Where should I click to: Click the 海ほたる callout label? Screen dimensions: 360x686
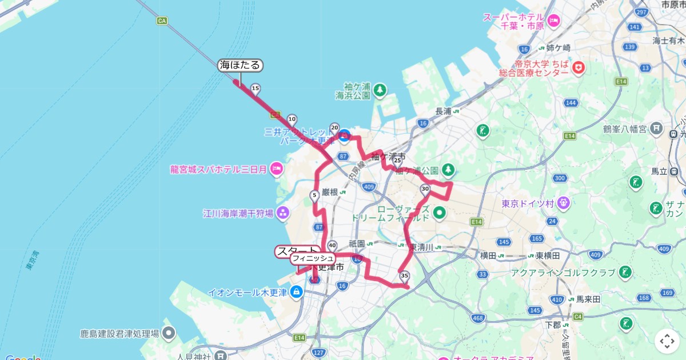[240, 66]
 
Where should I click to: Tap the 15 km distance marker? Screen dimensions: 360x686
[256, 88]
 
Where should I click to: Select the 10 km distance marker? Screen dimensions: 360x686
[292, 120]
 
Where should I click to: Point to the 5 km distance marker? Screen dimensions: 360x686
[314, 196]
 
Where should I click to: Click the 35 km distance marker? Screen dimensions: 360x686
[405, 277]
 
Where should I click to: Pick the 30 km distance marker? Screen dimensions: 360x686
[425, 189]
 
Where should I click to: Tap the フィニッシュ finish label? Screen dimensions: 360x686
[313, 259]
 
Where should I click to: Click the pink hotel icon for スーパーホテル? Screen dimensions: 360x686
[553, 21]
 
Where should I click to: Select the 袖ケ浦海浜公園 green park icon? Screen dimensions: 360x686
[380, 90]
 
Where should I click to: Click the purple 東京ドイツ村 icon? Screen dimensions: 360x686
[564, 202]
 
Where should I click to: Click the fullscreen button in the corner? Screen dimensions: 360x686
[667, 342]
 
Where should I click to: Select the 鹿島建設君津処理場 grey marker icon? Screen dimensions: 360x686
[169, 333]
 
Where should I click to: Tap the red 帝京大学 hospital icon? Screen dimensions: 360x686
[579, 67]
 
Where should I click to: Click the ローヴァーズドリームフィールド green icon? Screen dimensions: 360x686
[439, 214]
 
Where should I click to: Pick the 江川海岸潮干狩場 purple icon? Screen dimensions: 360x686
[283, 213]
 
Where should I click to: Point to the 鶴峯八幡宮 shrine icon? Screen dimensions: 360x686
[657, 129]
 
